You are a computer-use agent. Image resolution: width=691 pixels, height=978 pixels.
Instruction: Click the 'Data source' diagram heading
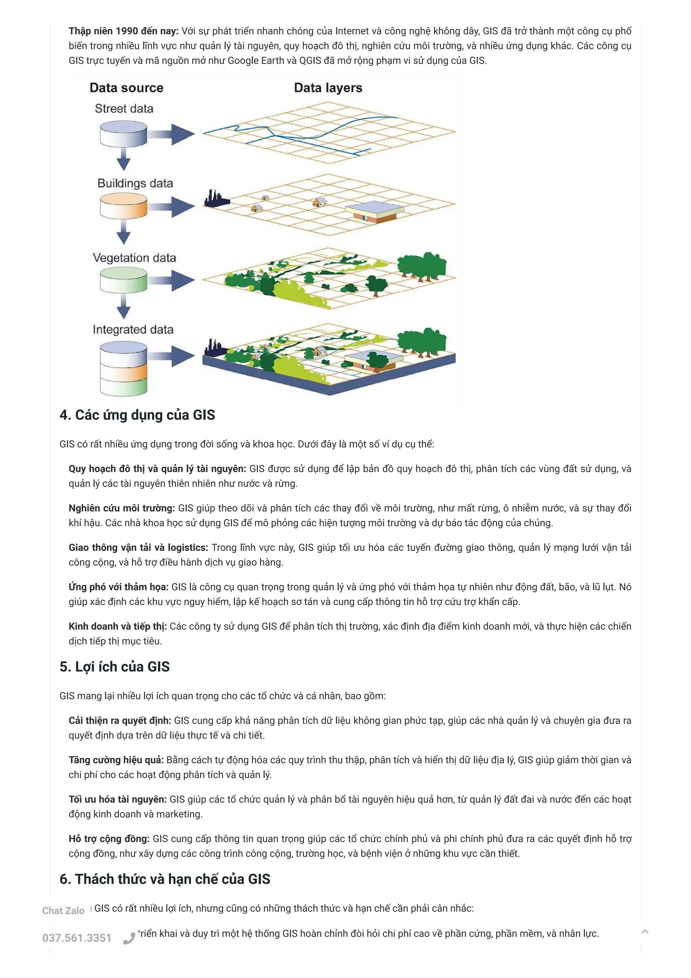[126, 88]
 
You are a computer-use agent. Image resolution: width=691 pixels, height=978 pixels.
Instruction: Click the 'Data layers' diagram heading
[328, 88]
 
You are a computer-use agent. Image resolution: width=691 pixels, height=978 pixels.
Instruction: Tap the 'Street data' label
[124, 109]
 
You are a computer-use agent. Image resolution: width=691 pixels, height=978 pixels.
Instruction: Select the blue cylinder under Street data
[123, 134]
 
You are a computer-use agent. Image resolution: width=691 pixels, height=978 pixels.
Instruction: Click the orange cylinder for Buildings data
[123, 207]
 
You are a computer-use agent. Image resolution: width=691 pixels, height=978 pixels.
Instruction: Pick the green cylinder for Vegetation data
[123, 280]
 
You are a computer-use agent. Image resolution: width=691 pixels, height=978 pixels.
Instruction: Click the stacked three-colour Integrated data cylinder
[123, 369]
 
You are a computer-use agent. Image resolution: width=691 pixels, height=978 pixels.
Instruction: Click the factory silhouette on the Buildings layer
[216, 199]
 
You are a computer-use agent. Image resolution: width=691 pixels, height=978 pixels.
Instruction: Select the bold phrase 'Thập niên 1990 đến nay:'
[123, 31]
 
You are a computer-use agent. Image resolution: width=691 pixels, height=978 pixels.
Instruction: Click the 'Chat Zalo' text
[63, 911]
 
